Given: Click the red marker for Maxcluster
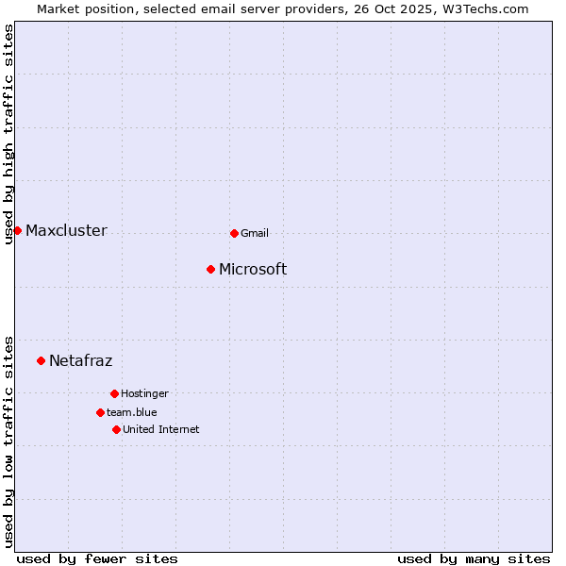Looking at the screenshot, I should tap(17, 230).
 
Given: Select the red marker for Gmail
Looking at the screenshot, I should tap(234, 233).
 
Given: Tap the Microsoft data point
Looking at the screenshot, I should tap(210, 269).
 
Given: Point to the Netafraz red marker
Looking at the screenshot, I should tap(41, 360).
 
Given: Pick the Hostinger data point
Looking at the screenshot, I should tap(114, 393).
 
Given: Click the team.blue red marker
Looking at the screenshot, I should tap(100, 412).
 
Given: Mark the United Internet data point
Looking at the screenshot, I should tap(116, 429).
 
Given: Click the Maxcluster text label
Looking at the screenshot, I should tap(66, 230).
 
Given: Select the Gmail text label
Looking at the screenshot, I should tap(255, 233).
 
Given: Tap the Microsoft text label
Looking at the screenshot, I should tap(253, 269).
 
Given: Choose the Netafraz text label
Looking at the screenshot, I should tap(80, 360).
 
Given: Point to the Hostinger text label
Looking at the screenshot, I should tap(144, 393).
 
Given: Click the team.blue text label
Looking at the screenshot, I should tap(132, 412).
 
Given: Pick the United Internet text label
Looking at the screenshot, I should tap(160, 429).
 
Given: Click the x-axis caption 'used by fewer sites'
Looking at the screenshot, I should tap(97, 558).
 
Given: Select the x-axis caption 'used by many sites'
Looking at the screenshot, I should tap(474, 558).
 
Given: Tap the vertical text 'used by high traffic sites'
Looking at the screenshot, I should tap(8, 134).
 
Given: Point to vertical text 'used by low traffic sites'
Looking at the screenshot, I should tap(8, 441).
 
